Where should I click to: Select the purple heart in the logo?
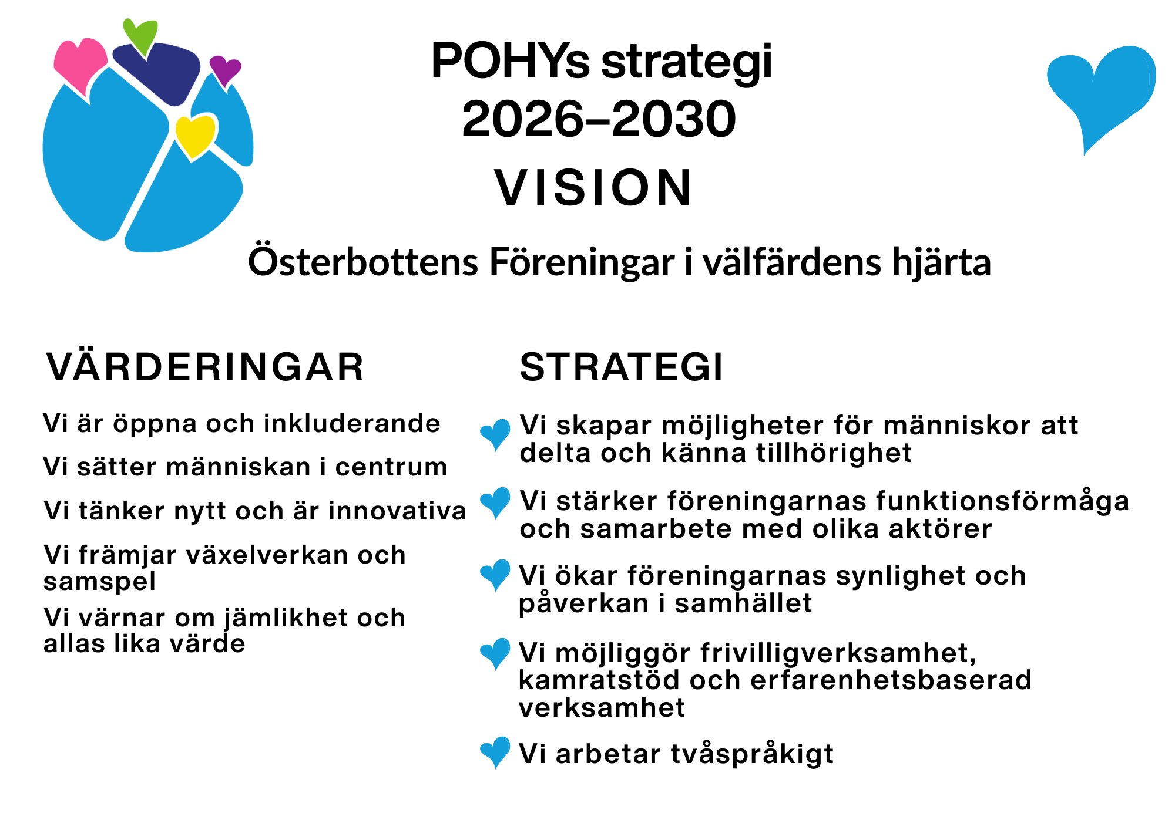[225, 70]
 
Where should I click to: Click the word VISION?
[594, 188]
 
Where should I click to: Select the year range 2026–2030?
[599, 119]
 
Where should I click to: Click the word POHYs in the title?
[510, 61]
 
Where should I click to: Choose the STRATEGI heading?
[622, 367]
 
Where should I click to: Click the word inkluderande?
[352, 423]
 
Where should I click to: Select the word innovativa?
[397, 511]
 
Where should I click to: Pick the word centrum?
[391, 467]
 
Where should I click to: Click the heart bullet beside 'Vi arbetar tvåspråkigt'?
[495, 752]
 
